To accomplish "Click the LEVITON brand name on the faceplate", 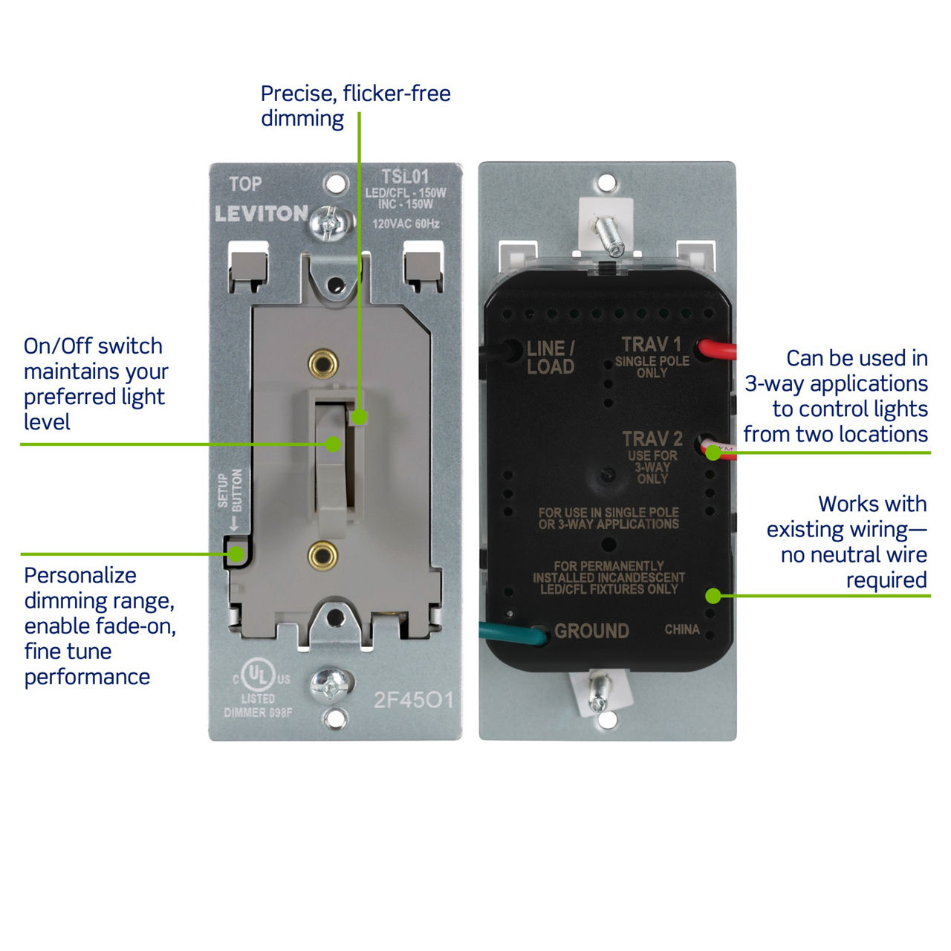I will [261, 214].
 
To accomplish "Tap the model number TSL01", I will [405, 177].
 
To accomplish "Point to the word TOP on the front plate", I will [245, 184].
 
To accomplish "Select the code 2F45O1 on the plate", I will [413, 700].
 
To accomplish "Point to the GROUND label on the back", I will [591, 631].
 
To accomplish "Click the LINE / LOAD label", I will [551, 357].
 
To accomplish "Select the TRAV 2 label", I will [652, 439].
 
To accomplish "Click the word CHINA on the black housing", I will [682, 629].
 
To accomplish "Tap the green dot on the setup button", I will [236, 554].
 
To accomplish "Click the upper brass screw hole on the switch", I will [323, 363].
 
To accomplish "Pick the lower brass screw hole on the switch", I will [323, 554].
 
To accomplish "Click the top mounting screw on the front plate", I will [330, 221].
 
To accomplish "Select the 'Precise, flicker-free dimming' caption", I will [355, 106].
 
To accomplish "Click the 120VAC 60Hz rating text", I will [406, 224].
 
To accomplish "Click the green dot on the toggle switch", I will [334, 444].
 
